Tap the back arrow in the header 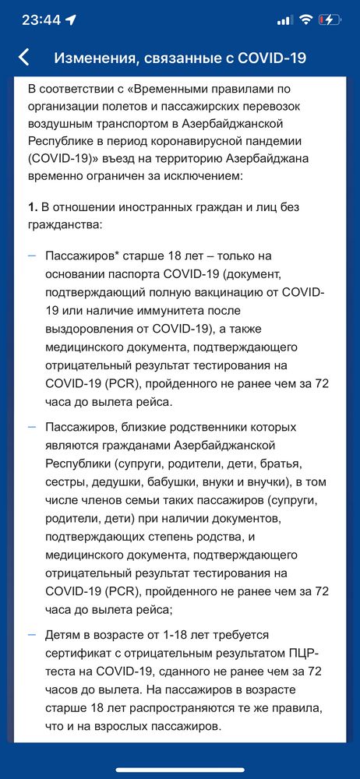pos(23,58)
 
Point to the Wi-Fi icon pos(305,20)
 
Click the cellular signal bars pos(284,20)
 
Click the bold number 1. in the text pos(32,207)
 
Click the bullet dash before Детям pos(31,636)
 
